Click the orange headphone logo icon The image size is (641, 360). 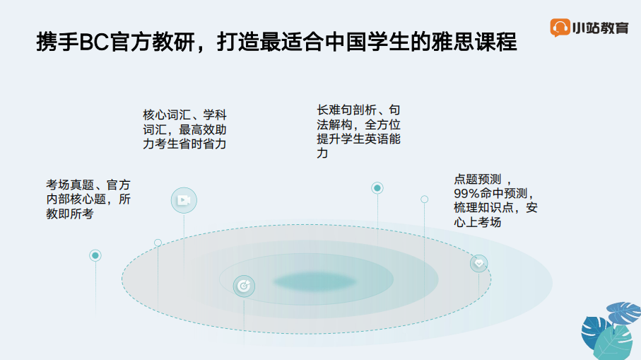tap(560, 28)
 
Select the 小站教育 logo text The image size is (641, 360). tap(600, 28)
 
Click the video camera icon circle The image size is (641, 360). tap(184, 200)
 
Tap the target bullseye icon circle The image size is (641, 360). tap(244, 286)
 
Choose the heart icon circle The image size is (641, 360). tap(478, 263)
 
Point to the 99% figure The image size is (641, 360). tap(466, 194)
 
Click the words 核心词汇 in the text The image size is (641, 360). tap(167, 115)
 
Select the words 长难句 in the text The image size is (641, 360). tap(334, 110)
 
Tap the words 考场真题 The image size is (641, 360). tap(70, 185)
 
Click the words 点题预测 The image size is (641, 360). tap(478, 179)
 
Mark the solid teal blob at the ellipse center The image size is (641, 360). tap(314, 281)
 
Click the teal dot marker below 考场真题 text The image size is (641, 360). tap(95, 256)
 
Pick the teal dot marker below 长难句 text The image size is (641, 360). tap(377, 188)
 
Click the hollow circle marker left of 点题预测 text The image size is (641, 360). tap(424, 199)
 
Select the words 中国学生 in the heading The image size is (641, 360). tap(367, 42)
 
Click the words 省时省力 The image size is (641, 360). tap(202, 144)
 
